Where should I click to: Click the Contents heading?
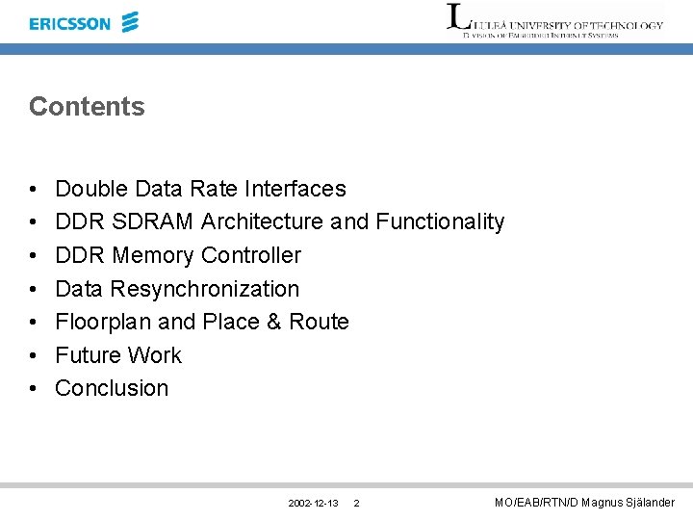(x=87, y=107)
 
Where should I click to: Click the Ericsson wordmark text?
(x=70, y=23)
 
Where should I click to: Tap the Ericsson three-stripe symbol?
(x=130, y=22)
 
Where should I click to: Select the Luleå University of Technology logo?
(x=555, y=21)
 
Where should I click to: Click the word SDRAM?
(x=153, y=221)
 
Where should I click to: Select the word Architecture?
(x=262, y=221)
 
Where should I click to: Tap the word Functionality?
(x=440, y=221)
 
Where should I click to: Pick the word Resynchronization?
(x=204, y=289)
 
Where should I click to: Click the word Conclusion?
(x=112, y=388)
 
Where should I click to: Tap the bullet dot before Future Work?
(x=34, y=356)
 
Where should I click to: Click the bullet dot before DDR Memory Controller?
(x=34, y=256)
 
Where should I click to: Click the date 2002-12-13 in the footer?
(x=313, y=504)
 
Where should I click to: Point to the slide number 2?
(x=357, y=504)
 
